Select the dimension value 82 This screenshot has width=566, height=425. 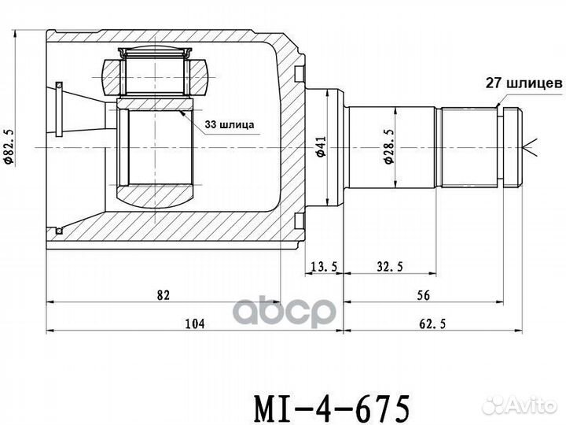[164, 295]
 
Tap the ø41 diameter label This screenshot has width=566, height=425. [320, 146]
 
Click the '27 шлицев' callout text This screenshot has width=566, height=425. [522, 81]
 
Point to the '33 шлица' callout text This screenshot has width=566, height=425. [230, 124]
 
